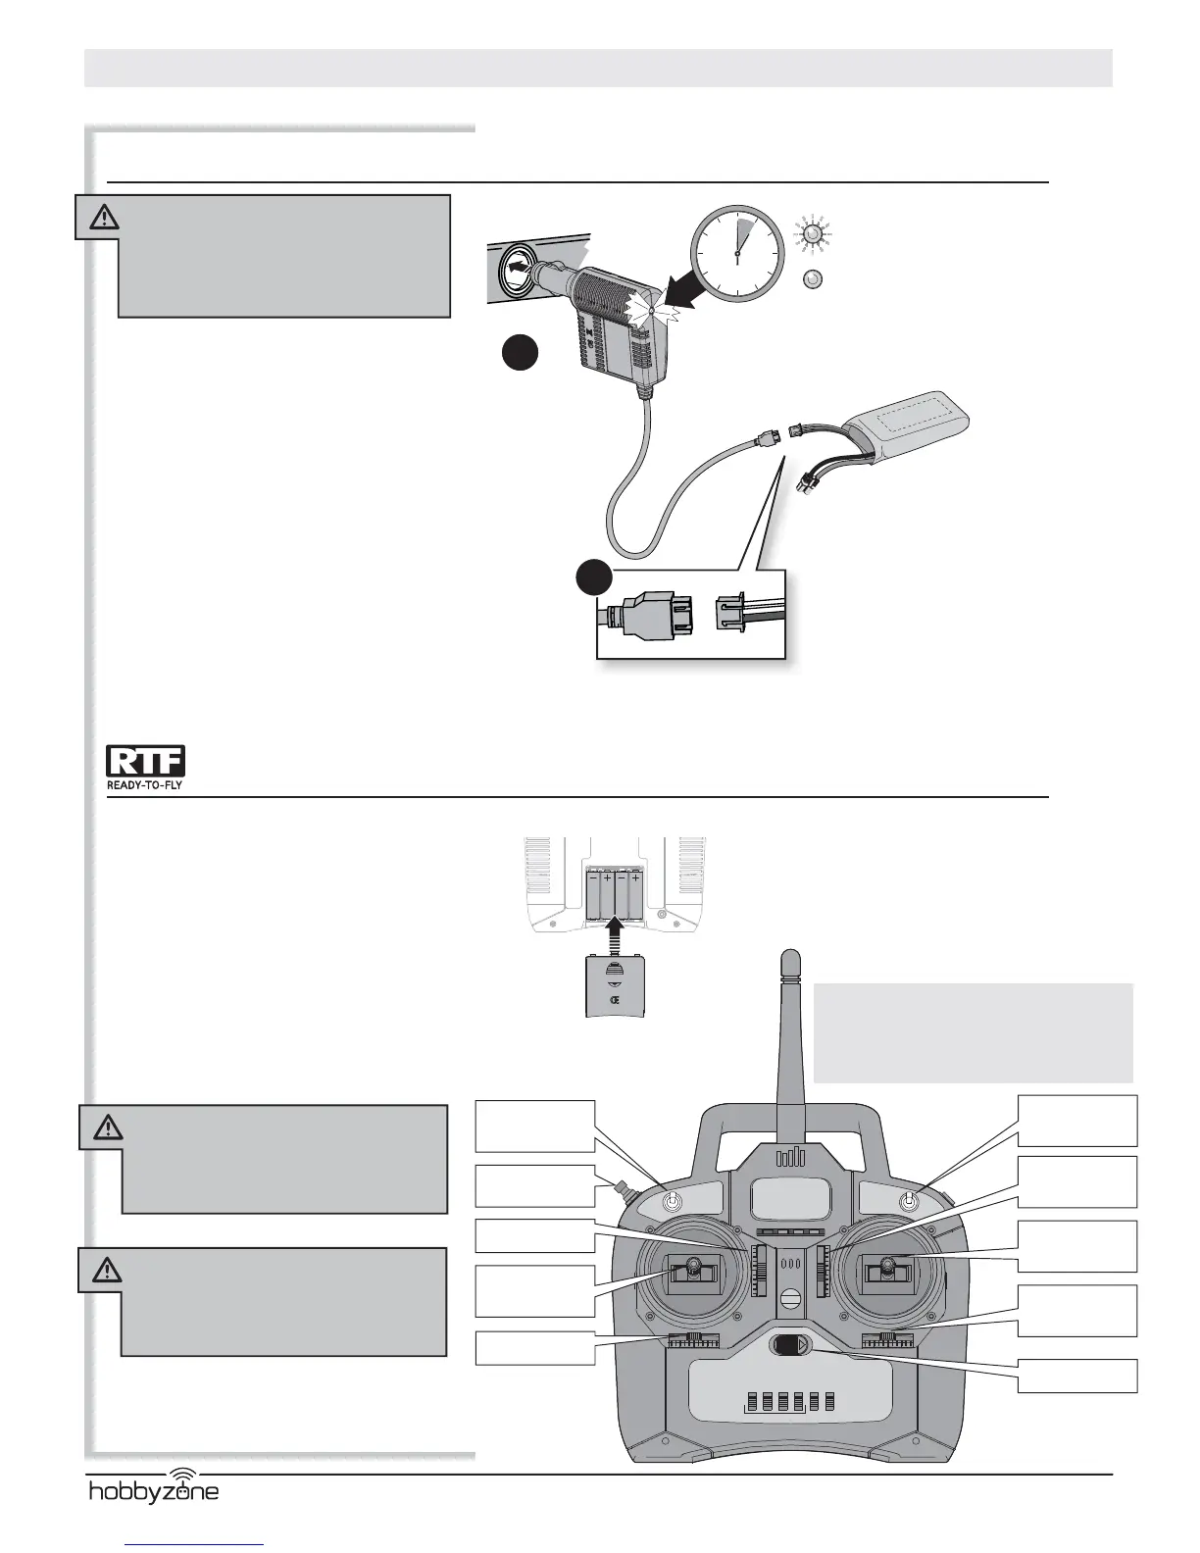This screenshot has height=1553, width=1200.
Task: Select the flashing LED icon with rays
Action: (812, 234)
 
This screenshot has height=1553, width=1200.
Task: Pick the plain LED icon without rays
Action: (812, 279)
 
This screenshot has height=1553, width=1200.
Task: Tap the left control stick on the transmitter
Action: (692, 1272)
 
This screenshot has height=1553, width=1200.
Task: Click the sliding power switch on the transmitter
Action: (790, 1345)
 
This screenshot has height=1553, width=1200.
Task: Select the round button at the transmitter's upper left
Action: (674, 1201)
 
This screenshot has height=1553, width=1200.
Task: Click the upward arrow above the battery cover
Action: (615, 931)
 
